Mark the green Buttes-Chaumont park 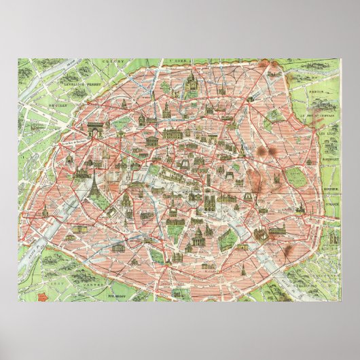coord(274,116)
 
